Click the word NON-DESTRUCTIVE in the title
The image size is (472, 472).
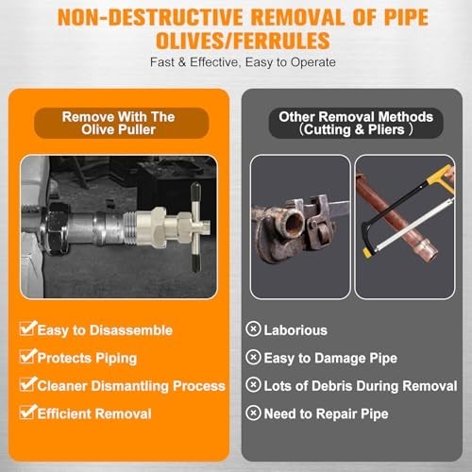pos(150,17)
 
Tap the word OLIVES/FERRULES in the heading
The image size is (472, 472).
pos(243,41)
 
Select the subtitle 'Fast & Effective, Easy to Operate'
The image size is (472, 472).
pos(243,62)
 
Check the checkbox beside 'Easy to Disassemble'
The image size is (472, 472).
pos(27,329)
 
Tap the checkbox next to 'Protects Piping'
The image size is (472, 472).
pos(27,356)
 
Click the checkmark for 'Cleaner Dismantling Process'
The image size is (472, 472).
pos(27,384)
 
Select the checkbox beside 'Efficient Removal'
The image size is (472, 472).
pos(27,412)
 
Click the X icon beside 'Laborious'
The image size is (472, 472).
pos(253,329)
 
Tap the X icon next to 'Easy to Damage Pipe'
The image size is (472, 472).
pos(253,357)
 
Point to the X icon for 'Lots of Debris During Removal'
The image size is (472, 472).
pos(253,384)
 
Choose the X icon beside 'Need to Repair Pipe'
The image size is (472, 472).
pos(253,413)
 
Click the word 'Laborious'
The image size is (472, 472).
pos(295,330)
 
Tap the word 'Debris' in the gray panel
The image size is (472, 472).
pos(331,386)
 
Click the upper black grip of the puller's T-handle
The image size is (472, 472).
pos(195,192)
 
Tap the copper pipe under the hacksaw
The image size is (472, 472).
pos(397,214)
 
